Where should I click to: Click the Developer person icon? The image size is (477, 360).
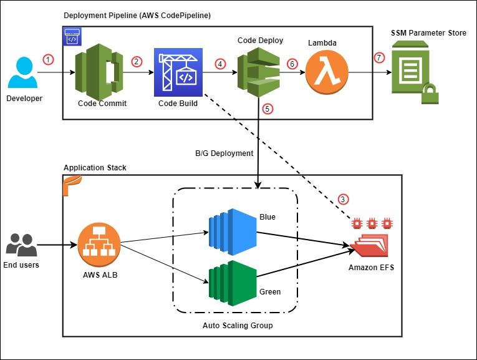point(23,73)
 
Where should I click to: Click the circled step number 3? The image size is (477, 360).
point(343,200)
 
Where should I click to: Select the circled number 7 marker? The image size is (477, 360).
point(378,58)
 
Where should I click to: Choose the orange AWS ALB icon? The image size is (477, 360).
point(99,245)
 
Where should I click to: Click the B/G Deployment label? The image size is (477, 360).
point(223,152)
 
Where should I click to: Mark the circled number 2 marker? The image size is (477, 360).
point(137,61)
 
